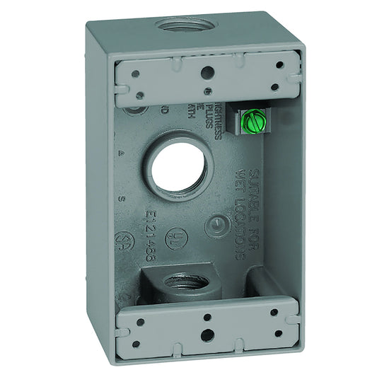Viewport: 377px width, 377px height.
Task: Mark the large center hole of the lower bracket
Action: pos(208,334)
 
